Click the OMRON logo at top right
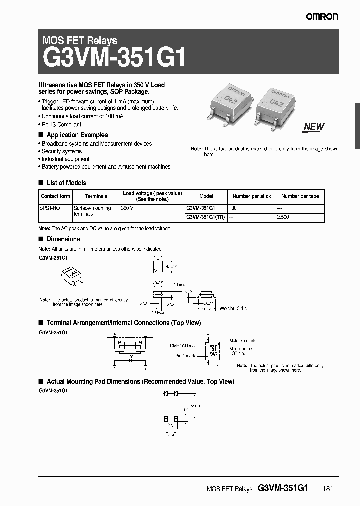[x=322, y=16]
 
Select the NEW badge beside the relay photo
[x=314, y=127]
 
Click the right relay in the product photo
[x=274, y=105]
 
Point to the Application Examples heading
[x=77, y=135]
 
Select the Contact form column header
[x=55, y=196]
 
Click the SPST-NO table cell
[x=48, y=207]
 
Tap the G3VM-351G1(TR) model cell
[x=205, y=217]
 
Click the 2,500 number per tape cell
[x=283, y=217]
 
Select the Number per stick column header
[x=252, y=196]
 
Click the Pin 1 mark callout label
[x=185, y=356]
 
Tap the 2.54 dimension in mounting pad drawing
[x=171, y=435]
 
